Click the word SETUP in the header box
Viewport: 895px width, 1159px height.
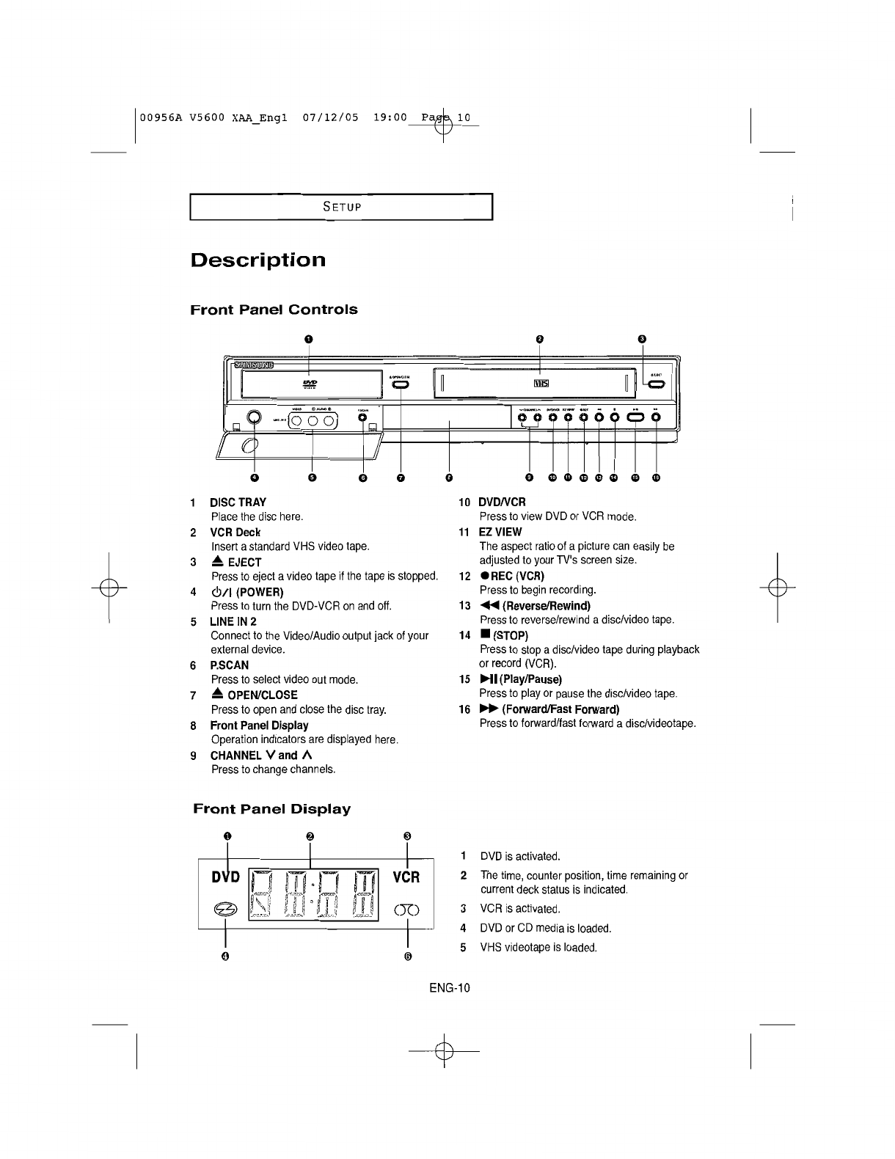(x=342, y=206)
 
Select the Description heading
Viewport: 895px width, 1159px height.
(x=257, y=260)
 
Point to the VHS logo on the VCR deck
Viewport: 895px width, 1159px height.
(x=541, y=382)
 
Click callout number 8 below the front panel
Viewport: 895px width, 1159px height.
(x=448, y=478)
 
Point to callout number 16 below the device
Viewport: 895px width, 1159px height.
(x=656, y=478)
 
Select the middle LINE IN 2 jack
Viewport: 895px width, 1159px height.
(x=312, y=420)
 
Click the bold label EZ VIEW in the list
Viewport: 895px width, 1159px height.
(x=500, y=532)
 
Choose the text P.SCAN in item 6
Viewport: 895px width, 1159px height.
(x=229, y=665)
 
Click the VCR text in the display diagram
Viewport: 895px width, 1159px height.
(x=406, y=877)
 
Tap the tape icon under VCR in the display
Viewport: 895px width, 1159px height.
(x=406, y=910)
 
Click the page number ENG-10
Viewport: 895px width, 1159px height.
(x=450, y=987)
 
